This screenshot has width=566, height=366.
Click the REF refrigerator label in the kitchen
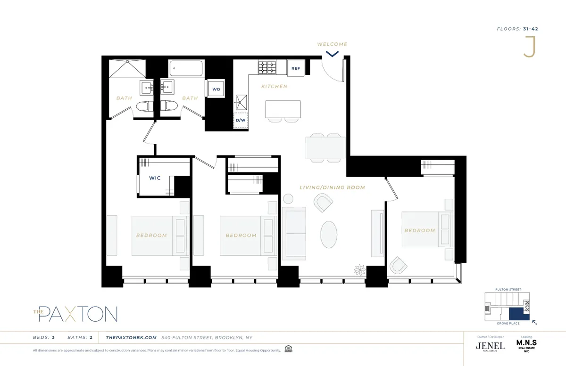pos(296,68)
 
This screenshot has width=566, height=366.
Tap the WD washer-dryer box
pos(216,89)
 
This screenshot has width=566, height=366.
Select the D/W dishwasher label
pos(240,120)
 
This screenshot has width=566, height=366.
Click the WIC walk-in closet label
pos(155,178)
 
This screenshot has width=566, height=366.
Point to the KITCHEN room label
pos(275,87)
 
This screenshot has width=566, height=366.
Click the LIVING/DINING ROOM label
pos(332,187)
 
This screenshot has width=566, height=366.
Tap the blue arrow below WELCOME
pos(333,54)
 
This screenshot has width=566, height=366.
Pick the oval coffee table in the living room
pos(329,234)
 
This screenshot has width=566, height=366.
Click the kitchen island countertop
pos(283,109)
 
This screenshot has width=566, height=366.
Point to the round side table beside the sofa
pos(288,199)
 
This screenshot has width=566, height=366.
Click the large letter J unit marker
pos(530,47)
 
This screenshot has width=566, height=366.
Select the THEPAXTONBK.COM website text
pos(131,337)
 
